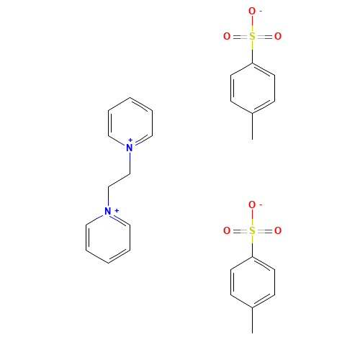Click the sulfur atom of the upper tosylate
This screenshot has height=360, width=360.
click(x=252, y=37)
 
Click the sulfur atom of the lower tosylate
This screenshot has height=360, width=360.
click(x=252, y=230)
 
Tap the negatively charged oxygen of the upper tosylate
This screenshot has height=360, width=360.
click(x=252, y=11)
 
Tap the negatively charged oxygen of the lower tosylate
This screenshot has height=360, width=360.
click(x=252, y=204)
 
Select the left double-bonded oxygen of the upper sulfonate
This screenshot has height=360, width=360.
click(x=227, y=37)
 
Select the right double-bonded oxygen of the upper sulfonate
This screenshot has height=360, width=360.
click(x=278, y=37)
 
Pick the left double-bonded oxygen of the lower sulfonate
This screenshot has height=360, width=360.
click(x=227, y=230)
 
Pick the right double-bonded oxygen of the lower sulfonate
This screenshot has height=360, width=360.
click(x=278, y=230)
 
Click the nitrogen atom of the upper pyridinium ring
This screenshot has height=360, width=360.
click(x=130, y=148)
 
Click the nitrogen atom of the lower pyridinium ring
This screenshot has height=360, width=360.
click(x=108, y=211)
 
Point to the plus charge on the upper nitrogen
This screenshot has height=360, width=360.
click(x=130, y=140)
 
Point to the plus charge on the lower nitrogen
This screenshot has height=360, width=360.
click(x=117, y=210)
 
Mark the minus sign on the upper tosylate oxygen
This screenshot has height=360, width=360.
click(x=261, y=11)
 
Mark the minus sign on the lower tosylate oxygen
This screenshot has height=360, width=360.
click(x=261, y=204)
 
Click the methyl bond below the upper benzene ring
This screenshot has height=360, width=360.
click(x=252, y=126)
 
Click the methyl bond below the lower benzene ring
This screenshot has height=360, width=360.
click(x=252, y=320)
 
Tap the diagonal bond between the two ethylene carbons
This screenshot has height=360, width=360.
click(x=119, y=180)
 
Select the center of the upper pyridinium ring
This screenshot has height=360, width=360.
click(x=130, y=123)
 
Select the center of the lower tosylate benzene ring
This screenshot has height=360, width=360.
click(x=253, y=282)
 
